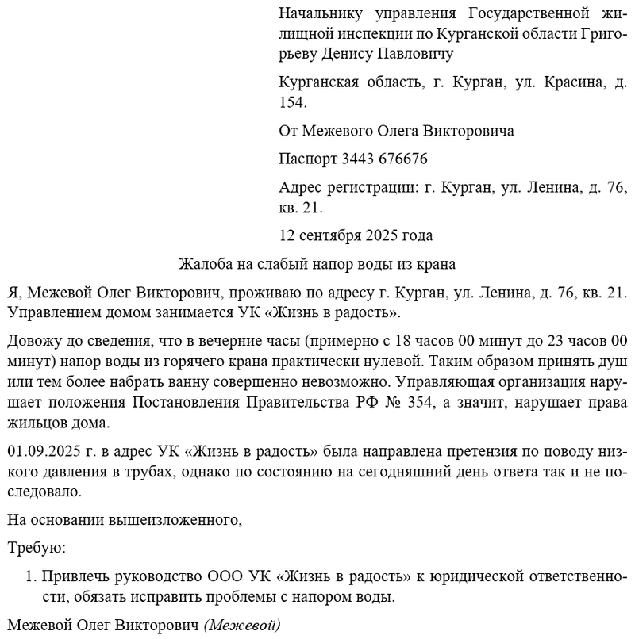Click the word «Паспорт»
[308, 159]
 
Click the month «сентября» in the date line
[333, 235]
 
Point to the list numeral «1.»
[32, 575]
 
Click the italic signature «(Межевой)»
[243, 624]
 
